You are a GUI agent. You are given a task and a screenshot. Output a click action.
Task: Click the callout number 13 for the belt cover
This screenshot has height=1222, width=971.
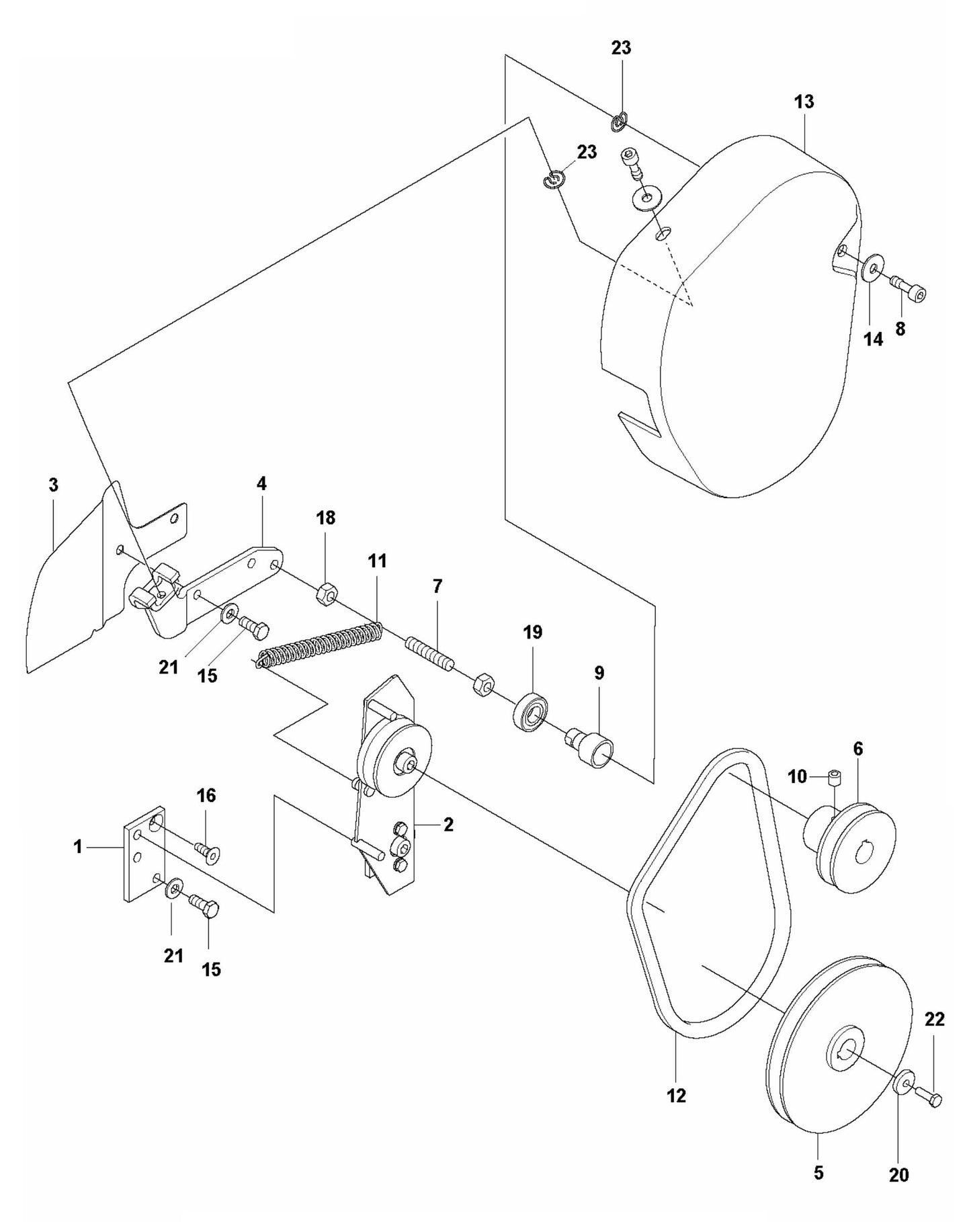tap(804, 101)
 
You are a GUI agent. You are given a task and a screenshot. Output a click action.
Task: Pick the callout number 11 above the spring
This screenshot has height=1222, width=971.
tap(377, 561)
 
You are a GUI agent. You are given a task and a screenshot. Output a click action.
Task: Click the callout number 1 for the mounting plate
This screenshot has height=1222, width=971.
tap(78, 847)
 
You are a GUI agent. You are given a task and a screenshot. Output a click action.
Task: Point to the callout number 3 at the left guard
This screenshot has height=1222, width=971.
tap(53, 485)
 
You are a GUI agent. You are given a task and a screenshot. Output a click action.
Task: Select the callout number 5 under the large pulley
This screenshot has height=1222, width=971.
tap(818, 1173)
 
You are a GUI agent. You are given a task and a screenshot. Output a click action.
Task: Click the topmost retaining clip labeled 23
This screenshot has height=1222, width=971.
tap(620, 122)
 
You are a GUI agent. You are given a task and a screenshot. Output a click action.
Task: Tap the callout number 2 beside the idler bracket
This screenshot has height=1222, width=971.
tap(448, 824)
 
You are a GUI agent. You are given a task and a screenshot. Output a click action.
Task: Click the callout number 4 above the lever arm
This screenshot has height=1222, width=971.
tap(261, 483)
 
